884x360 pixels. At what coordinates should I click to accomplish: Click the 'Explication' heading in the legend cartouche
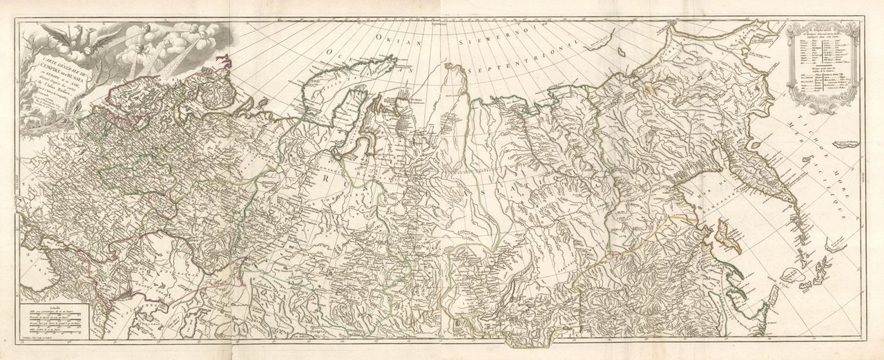823,31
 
